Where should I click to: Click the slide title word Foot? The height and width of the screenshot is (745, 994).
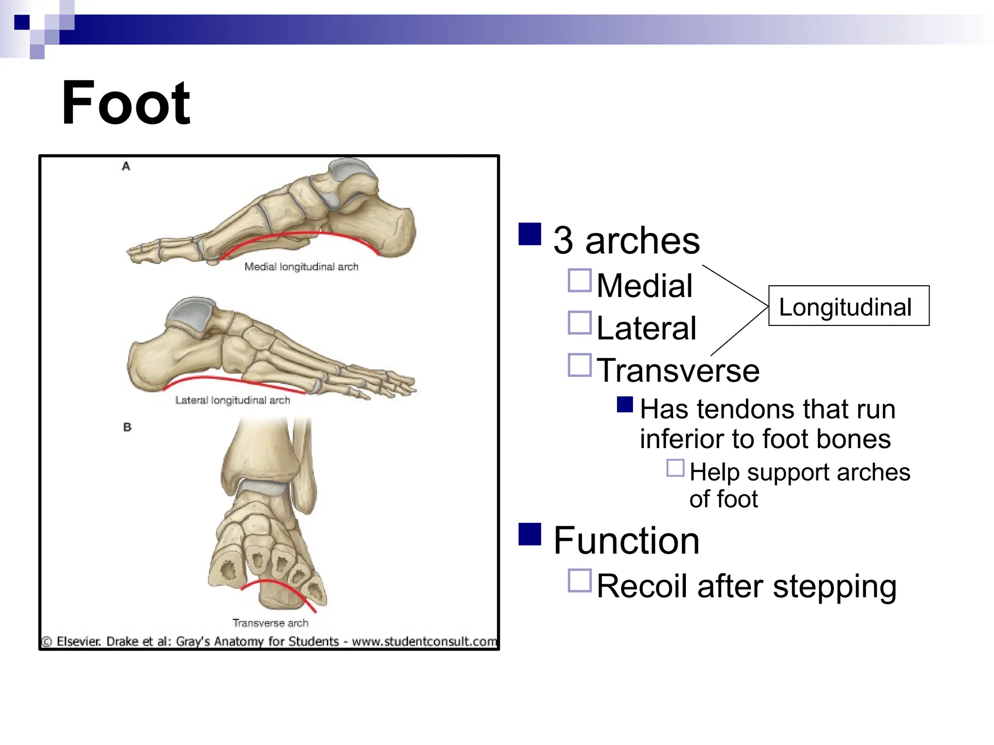tap(126, 103)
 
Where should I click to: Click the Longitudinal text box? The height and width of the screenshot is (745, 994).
tap(848, 306)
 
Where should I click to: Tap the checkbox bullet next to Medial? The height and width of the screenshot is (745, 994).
tap(580, 280)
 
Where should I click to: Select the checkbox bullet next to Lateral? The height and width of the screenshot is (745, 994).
tap(580, 323)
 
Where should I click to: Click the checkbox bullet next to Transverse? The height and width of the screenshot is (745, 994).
tap(580, 365)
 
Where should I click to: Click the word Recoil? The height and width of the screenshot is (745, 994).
tap(642, 586)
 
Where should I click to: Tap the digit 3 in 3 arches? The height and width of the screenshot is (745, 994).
tap(563, 241)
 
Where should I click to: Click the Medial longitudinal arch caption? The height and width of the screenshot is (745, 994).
tap(301, 267)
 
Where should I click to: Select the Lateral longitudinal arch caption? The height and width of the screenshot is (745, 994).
tap(232, 401)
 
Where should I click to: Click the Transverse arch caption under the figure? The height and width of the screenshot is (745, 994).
tap(270, 623)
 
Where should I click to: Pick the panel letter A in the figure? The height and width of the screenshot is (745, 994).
tap(126, 166)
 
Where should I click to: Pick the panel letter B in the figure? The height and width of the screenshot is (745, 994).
tap(127, 427)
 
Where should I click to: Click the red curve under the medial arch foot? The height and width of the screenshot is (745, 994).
tap(301, 234)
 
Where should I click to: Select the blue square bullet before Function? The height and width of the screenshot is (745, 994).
tap(530, 534)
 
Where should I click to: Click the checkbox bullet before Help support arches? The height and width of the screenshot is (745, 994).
tap(675, 468)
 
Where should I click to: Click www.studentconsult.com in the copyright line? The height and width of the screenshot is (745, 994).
tap(424, 642)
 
